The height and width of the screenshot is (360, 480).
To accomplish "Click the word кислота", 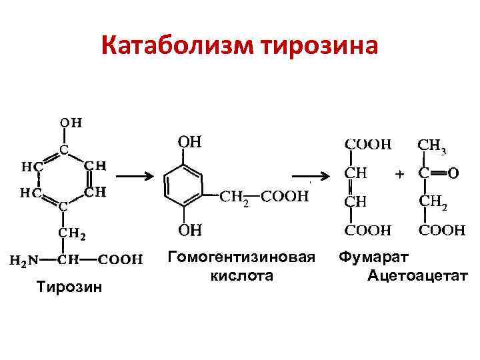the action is coord(241,275).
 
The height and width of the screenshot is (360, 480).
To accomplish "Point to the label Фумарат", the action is coord(374,257).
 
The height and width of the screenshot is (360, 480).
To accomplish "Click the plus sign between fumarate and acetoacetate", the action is coord(399,174).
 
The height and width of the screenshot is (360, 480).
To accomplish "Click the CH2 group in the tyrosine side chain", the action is coord(73,233).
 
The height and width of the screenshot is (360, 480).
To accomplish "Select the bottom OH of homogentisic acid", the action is coord(190,231).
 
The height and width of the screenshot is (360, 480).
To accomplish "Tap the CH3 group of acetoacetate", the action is coord(432,144).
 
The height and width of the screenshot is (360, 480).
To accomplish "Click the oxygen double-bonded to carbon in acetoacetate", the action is coord(453,173).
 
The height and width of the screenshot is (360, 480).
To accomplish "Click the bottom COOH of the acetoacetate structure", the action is coord(442,230).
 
